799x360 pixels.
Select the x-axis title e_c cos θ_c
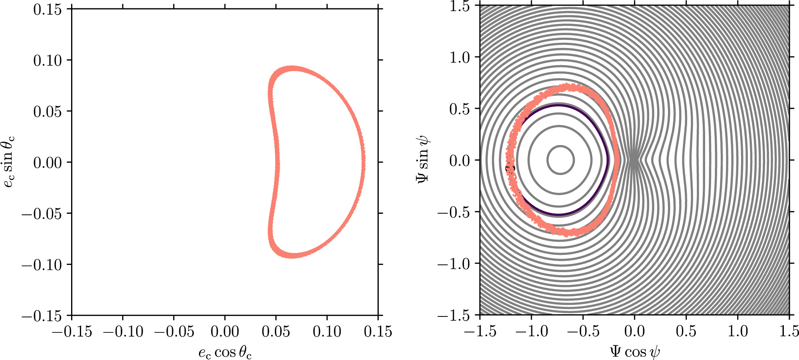coord(225,352)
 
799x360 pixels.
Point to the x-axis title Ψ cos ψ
coord(634,352)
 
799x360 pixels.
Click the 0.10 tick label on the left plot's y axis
coord(48,60)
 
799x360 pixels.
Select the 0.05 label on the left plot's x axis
coord(276,332)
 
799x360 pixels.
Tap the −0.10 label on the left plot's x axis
coord(123,332)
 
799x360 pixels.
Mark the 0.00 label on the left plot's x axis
coord(225,332)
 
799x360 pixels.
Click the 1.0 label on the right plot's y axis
coord(459,58)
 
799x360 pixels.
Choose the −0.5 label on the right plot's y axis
coord(454,212)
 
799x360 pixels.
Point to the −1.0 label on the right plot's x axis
coord(531,331)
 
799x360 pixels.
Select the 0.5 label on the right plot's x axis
coord(686,331)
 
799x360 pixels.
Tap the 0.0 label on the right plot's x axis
coord(634,331)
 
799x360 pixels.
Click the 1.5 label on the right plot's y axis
coord(459,6)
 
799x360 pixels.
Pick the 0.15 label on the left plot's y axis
coord(48,9)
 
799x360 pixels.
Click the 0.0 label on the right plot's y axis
coord(459,161)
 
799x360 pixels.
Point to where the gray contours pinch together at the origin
coord(634,160)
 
